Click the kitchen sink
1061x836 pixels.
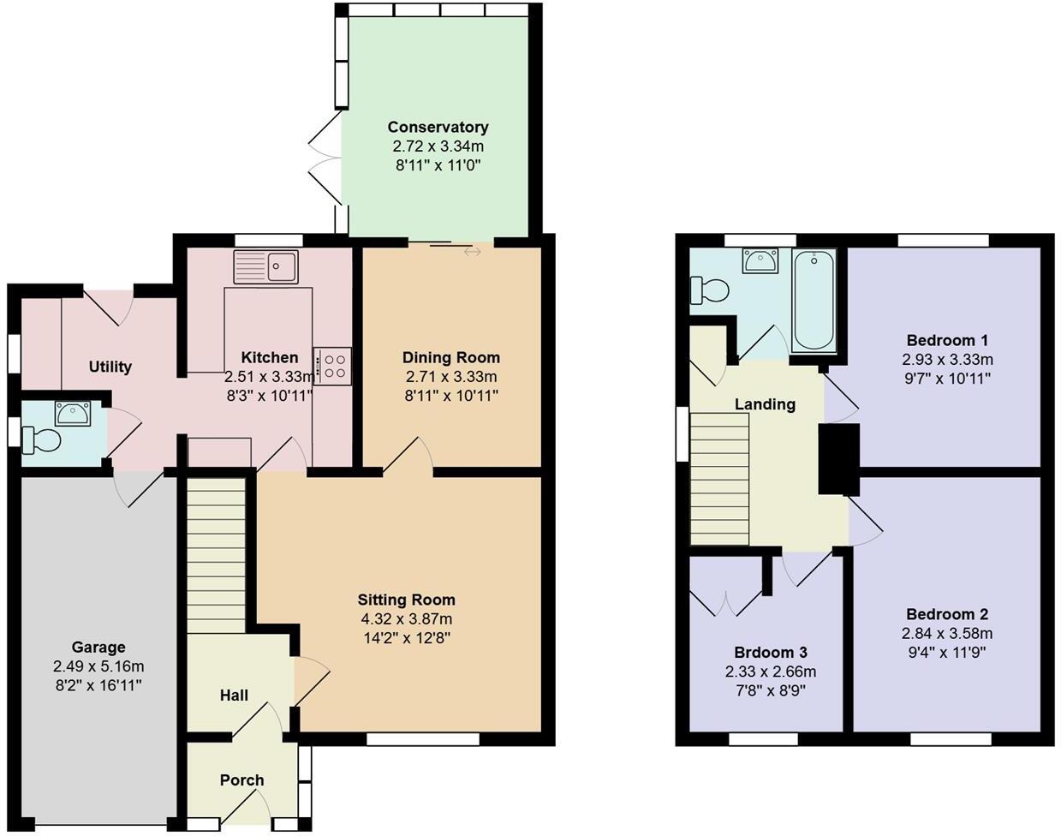point(265,267)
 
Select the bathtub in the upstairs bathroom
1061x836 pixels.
point(814,301)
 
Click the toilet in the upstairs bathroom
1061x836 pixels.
point(708,290)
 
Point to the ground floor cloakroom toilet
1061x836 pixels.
point(41,440)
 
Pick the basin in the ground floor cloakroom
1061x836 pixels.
point(72,414)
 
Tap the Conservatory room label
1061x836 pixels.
point(438,127)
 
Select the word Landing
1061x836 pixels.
point(765,404)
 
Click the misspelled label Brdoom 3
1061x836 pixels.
point(770,653)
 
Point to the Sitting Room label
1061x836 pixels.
point(406,600)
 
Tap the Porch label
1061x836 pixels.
point(241,780)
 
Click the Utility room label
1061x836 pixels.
point(110,367)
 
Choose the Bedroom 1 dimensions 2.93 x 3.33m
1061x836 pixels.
point(947,360)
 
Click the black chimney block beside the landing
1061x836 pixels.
point(838,459)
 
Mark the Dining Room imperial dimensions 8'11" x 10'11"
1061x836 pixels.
point(451,395)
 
